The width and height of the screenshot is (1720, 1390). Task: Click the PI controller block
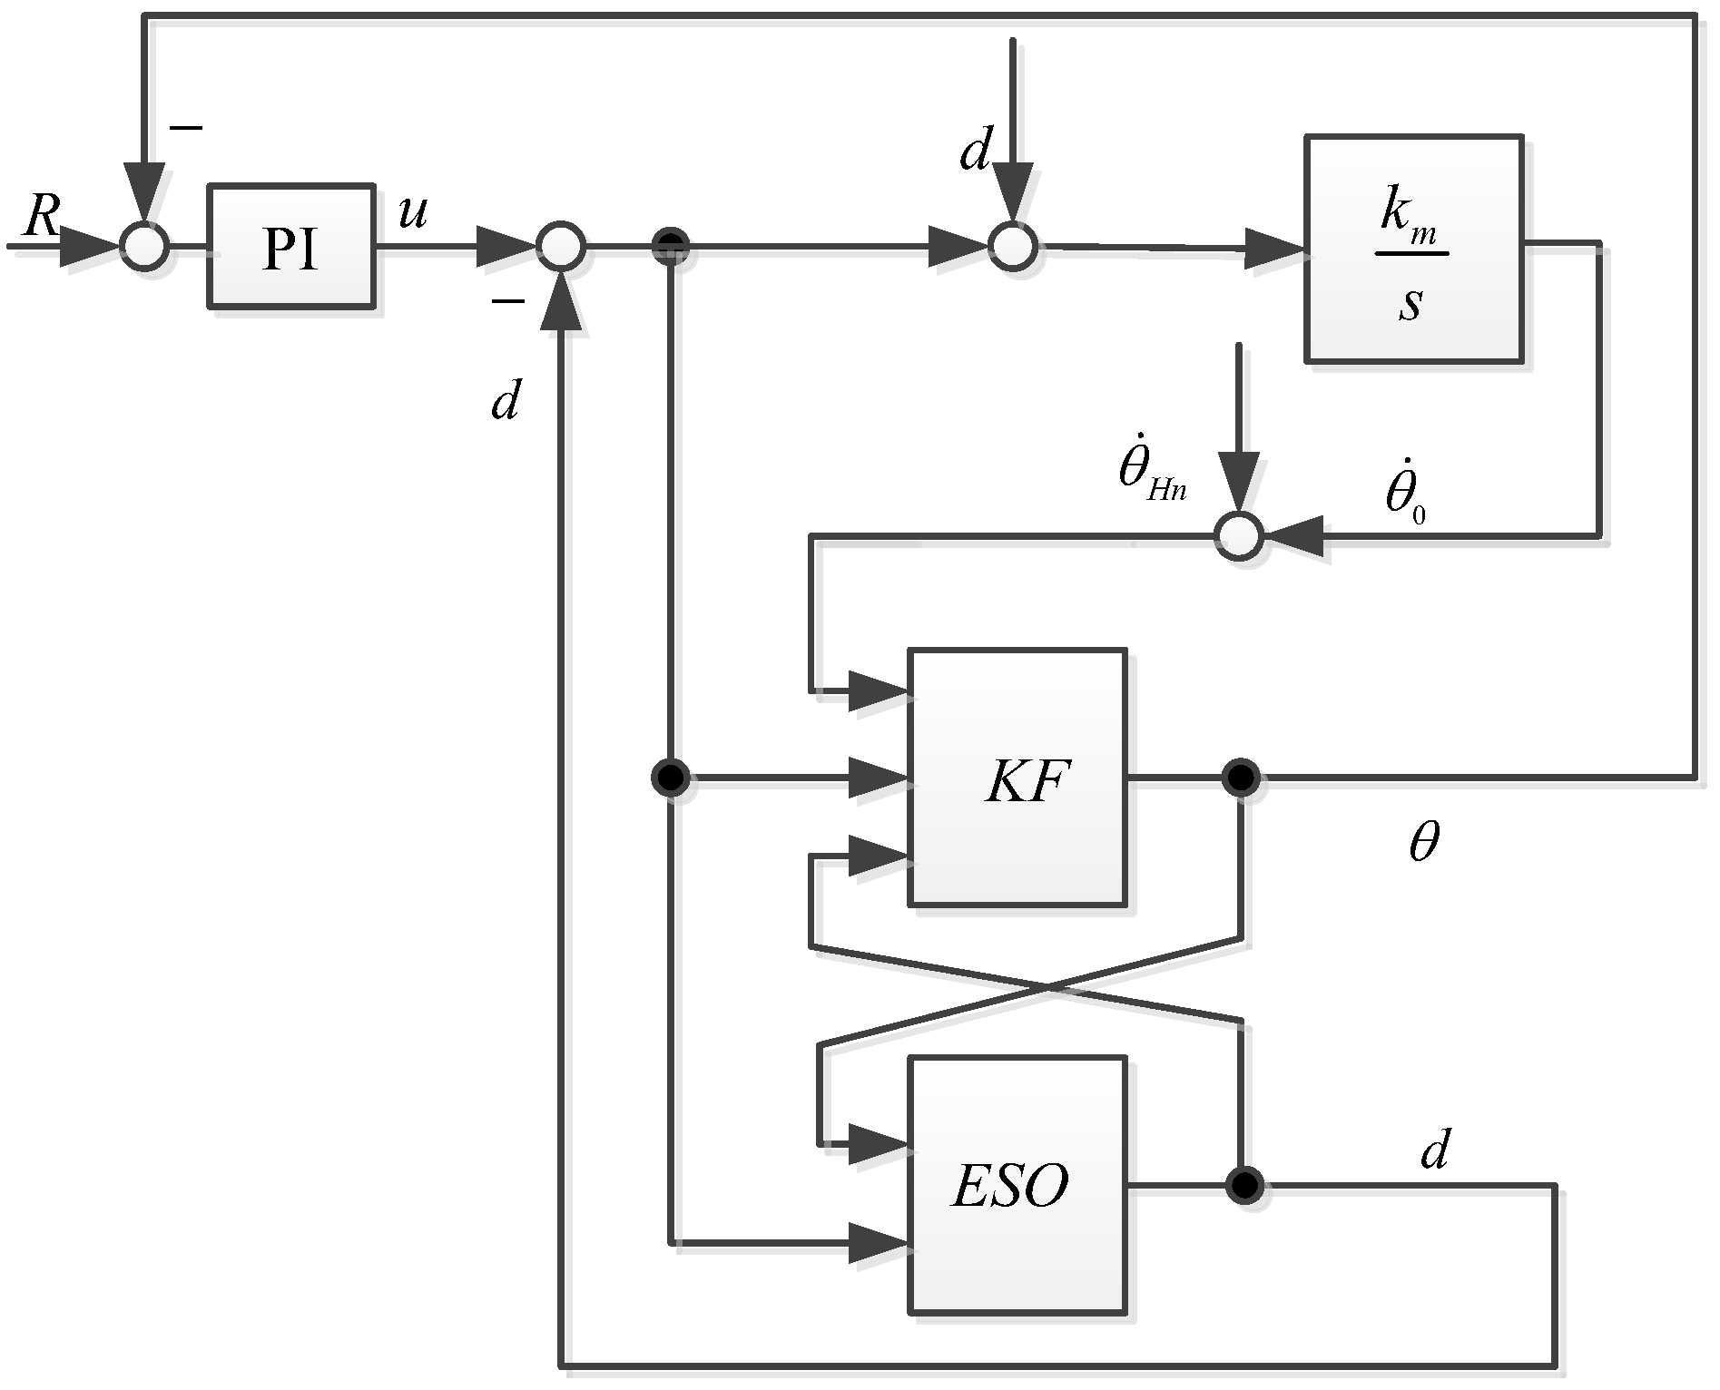tap(290, 247)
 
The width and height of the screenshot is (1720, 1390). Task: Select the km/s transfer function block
tap(1413, 250)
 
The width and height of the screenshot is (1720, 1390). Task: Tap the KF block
tap(1017, 777)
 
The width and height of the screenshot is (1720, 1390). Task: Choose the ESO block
tap(1017, 1184)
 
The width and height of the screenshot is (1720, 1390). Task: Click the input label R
tap(40, 217)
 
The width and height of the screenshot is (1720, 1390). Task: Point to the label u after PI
tap(412, 212)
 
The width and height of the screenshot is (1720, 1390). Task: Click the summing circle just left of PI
tap(144, 246)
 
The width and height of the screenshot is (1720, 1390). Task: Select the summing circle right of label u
tap(560, 246)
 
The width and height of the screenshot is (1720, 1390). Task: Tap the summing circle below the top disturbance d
tap(1012, 246)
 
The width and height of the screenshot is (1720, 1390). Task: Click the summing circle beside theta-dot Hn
tap(1239, 536)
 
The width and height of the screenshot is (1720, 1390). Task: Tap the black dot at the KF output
tap(1240, 778)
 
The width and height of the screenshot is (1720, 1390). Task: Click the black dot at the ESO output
tap(1244, 1184)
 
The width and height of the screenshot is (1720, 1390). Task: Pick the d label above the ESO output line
tap(1433, 1150)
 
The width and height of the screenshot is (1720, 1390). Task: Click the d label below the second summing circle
tap(505, 400)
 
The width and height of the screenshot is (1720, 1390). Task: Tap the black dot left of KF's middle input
tap(671, 778)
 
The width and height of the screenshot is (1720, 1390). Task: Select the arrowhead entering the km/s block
tap(1274, 249)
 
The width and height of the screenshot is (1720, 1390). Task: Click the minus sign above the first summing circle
tap(186, 128)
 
